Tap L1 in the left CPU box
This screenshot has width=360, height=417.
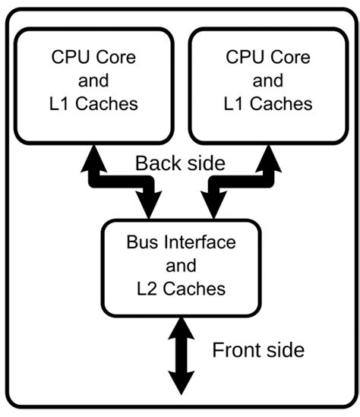[58, 104]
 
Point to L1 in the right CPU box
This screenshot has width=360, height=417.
[233, 104]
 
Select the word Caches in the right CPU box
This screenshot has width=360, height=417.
[281, 104]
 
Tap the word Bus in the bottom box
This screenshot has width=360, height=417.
[140, 245]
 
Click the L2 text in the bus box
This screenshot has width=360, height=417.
[148, 289]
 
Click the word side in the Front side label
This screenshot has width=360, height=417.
[285, 350]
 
